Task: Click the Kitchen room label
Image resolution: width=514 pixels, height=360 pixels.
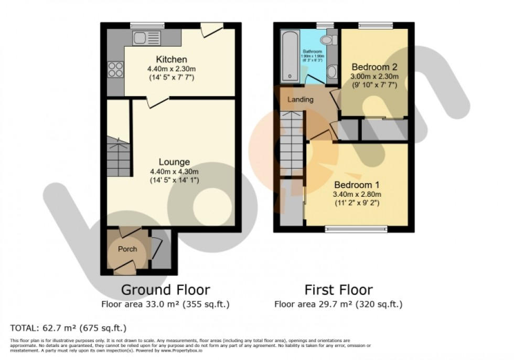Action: coord(171,59)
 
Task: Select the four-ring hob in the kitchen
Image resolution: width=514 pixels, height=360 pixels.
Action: coord(115,70)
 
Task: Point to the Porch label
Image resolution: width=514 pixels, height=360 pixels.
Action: coord(127,249)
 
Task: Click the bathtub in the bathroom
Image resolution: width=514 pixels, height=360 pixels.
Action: coord(290,57)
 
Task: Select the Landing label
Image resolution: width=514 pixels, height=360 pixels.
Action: coord(301,100)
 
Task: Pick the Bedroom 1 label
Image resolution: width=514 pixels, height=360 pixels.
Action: coord(357,185)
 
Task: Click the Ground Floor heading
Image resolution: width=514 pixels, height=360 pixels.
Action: coord(166,290)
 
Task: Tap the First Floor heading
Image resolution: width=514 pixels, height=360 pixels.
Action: coord(339,290)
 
